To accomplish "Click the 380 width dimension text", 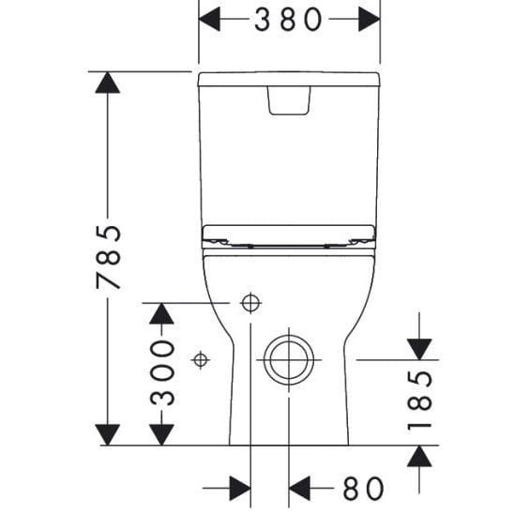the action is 288,20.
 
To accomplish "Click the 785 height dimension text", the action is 109,257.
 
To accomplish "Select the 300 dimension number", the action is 162,372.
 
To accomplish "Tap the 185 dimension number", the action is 419,400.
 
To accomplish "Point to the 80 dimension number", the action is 363,489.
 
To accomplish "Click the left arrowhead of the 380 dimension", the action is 210,19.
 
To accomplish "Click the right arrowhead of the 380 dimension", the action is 370,19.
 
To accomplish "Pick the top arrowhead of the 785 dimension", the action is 108,83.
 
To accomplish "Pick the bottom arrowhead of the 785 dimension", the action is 108,434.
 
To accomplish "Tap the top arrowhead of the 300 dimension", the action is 161,313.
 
